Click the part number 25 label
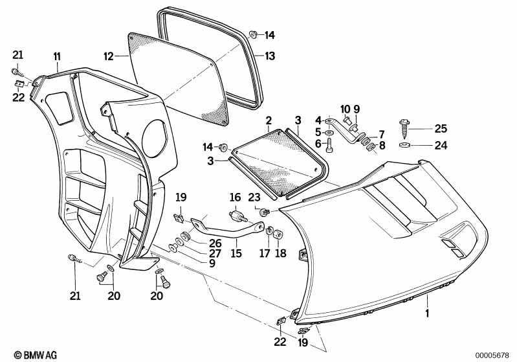[441, 128]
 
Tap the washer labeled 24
[404, 145]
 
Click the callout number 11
[58, 56]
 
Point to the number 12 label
[109, 56]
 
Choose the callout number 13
[270, 56]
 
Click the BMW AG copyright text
[36, 355]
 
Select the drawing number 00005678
[492, 356]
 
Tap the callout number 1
[427, 313]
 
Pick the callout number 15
[236, 253]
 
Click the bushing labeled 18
[279, 234]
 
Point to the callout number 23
[254, 198]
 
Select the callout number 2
[269, 120]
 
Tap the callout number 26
[215, 243]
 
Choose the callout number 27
[215, 253]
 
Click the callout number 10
[346, 109]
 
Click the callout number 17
[265, 253]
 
